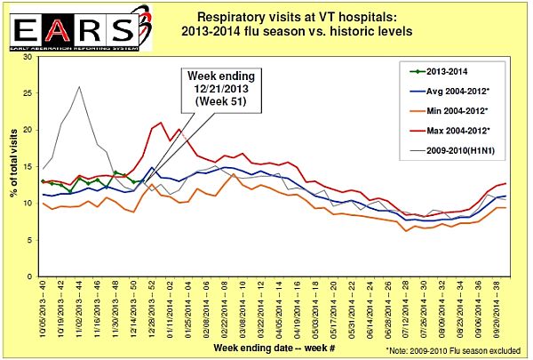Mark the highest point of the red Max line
click(x=160, y=123)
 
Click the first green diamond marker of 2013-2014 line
click(x=43, y=181)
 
